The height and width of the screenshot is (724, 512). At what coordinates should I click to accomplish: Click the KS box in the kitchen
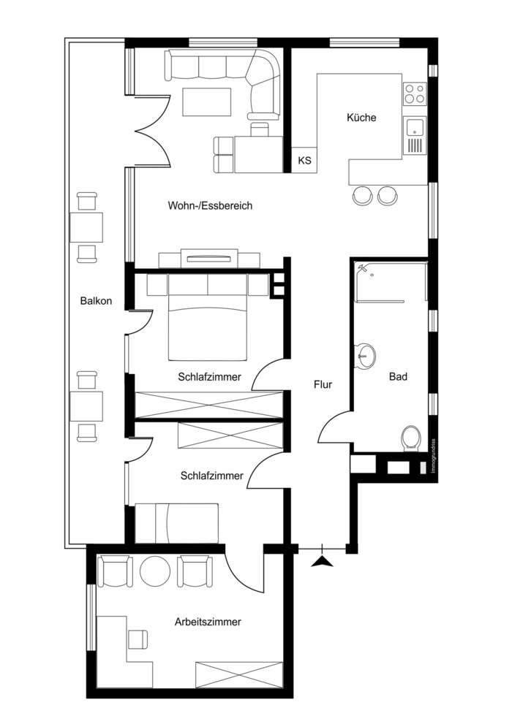pos(304,160)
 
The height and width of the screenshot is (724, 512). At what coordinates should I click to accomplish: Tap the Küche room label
pos(361,118)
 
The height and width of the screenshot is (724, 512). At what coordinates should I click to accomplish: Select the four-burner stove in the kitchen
pos(415,94)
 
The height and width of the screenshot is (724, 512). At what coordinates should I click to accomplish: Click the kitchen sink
pos(415,135)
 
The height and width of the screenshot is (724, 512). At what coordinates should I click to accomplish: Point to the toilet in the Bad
pos(410,438)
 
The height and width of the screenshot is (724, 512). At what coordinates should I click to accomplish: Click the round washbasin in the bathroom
pos(364,356)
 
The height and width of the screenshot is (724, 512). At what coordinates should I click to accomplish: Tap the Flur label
pos(323,384)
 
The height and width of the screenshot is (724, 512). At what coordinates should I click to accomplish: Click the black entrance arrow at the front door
pos(322,561)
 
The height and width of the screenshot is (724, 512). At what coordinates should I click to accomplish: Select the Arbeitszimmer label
pos(208,622)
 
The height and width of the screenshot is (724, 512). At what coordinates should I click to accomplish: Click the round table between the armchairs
pos(155,571)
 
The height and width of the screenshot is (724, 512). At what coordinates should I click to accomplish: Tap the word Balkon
pos(96,301)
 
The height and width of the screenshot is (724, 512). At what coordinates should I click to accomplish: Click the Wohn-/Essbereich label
pos(210,205)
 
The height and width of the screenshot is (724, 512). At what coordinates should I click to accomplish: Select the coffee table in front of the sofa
pos(206,102)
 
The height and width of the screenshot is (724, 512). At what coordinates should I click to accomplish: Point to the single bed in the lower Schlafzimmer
pos(176,523)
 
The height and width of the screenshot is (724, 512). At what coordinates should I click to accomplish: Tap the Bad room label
pos(398,377)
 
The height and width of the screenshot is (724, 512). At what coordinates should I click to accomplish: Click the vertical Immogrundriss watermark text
pos(434,456)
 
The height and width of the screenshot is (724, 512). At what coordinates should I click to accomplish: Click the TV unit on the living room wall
pos(209,259)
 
